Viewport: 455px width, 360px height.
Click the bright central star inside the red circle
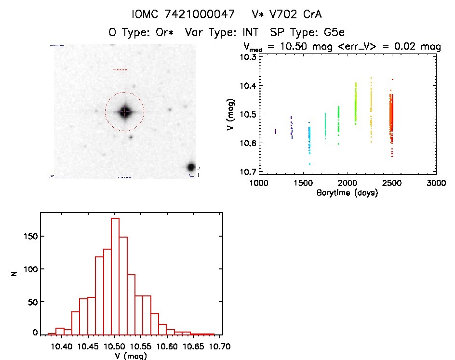[x=124, y=112]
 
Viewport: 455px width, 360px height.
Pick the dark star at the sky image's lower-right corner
[x=191, y=167]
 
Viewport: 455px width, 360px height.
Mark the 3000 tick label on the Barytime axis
[x=436, y=183]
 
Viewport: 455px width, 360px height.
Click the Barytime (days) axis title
[x=347, y=193]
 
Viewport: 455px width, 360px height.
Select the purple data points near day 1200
[x=275, y=131]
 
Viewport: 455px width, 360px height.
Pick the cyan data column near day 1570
[x=309, y=142]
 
